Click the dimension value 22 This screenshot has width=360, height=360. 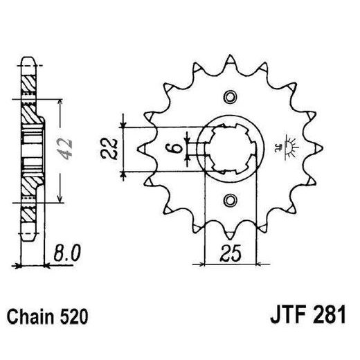pyautogui.click(x=110, y=148)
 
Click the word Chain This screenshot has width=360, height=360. pyautogui.click(x=30, y=318)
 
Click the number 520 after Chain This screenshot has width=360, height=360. pyautogui.click(x=73, y=318)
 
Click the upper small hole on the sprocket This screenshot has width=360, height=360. pyautogui.click(x=231, y=96)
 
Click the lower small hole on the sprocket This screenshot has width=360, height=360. pyautogui.click(x=231, y=201)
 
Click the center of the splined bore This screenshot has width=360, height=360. pyautogui.click(x=231, y=148)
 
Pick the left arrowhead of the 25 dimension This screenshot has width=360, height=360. pyautogui.click(x=208, y=262)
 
